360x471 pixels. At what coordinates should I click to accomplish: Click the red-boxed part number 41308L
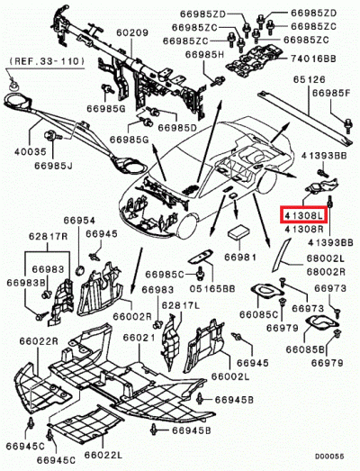tap(308, 217)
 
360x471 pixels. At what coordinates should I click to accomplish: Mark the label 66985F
tap(330, 92)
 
